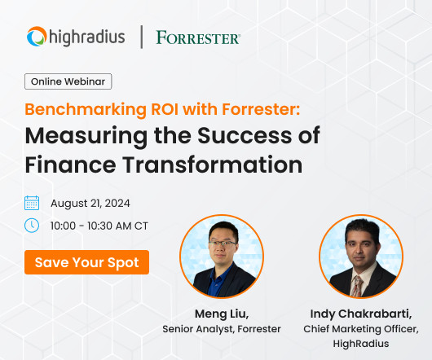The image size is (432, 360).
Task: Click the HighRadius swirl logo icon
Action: [x=37, y=37]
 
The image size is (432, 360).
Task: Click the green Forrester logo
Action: [x=198, y=37]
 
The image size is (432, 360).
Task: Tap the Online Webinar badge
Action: [x=68, y=81]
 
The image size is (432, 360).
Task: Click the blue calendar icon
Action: [x=32, y=203]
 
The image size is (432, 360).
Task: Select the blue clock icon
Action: [x=32, y=226]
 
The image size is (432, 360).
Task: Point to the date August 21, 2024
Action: [x=90, y=204]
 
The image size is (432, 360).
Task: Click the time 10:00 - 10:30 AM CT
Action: [x=99, y=226]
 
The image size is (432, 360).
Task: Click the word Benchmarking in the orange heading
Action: [x=86, y=109]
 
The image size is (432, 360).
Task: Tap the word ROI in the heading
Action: [x=165, y=109]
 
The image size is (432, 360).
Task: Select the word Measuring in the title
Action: [x=86, y=137]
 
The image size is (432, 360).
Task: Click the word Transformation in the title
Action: [x=213, y=165]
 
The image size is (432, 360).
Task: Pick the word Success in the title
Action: [x=245, y=135]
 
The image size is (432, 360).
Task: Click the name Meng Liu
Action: [x=222, y=314]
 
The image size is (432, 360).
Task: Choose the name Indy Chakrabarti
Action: [x=361, y=314]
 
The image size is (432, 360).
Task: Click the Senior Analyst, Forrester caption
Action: [x=222, y=329]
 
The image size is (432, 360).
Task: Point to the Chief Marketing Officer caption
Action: [x=361, y=329]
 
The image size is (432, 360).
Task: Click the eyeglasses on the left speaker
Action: [x=223, y=244]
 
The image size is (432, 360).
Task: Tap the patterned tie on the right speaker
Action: [x=356, y=286]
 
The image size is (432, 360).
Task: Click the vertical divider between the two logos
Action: [x=142, y=37]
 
